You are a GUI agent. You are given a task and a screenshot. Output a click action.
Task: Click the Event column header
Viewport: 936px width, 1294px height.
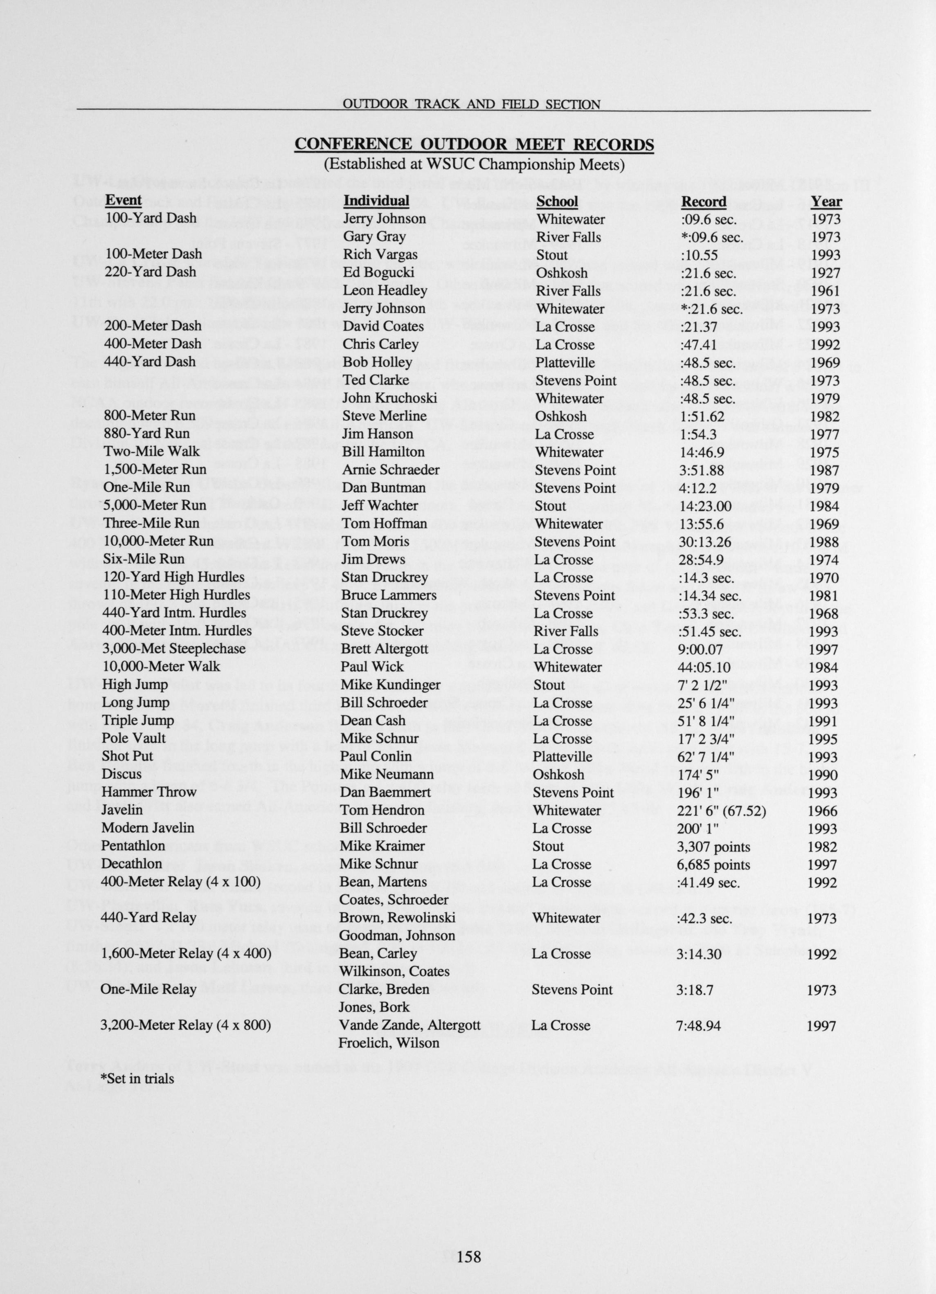(123, 200)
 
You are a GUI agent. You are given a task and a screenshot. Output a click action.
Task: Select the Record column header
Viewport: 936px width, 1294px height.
(704, 201)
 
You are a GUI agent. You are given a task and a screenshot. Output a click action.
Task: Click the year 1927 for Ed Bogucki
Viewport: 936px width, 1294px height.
(825, 273)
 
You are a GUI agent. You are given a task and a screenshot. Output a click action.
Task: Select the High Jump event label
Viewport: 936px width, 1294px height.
(135, 684)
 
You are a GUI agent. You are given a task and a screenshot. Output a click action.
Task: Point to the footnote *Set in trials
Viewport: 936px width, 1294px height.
(137, 1078)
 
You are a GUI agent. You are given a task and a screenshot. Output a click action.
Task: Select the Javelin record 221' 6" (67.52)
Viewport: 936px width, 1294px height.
(721, 811)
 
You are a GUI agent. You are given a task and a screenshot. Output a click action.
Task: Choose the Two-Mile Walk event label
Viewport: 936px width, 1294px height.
(152, 451)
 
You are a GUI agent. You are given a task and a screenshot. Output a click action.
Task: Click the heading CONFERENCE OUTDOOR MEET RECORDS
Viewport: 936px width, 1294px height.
(474, 144)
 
